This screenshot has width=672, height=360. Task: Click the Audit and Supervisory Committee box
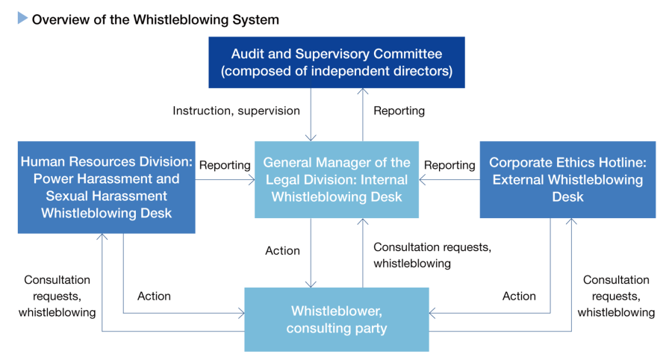pos(336,63)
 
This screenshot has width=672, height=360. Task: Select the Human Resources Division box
pos(106,187)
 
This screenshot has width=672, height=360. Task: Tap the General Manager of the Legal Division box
pos(337,179)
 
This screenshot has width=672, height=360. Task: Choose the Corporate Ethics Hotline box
pos(567,179)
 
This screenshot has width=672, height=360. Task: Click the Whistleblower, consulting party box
pos(337,319)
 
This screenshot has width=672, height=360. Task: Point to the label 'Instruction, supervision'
pos(236,111)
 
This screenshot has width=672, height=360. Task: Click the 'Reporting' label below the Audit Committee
pos(399,111)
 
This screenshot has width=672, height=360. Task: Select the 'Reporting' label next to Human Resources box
pos(225,165)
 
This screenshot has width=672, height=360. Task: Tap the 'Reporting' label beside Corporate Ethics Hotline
pos(449,165)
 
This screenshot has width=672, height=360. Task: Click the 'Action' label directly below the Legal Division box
pos(282,250)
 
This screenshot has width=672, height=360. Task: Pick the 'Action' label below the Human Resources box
pos(154,296)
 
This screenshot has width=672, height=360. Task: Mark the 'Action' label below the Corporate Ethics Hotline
pos(519,296)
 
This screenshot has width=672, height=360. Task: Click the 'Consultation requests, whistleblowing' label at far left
pos(57,296)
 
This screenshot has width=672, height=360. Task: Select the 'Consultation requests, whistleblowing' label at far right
pos(616,296)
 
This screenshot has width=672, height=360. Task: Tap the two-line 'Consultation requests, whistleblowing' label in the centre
pos(432,255)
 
